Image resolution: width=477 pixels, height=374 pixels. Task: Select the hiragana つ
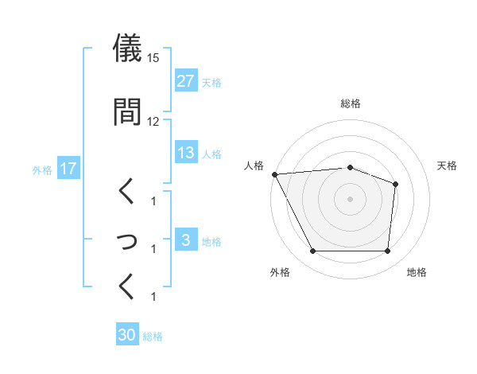coord(127,238)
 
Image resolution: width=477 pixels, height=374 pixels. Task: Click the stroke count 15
coord(153,58)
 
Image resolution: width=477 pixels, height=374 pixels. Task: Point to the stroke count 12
coord(153,121)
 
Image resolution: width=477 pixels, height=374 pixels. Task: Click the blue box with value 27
coord(186,82)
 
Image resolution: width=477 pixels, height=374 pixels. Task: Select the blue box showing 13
coord(186,153)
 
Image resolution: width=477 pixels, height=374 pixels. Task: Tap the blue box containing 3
coord(186,240)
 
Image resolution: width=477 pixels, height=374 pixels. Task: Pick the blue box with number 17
coord(68,169)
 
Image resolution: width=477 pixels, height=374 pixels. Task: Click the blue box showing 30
coord(127,335)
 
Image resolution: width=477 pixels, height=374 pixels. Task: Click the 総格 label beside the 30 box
coord(153,337)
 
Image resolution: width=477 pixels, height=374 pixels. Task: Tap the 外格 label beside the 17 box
coord(42,169)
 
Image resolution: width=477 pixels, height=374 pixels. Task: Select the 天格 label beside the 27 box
coord(211,83)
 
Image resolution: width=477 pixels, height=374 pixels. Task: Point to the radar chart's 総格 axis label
coord(350,103)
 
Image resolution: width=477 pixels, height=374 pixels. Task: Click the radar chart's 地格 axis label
coord(417,272)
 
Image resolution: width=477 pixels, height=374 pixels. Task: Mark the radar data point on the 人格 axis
coord(274,173)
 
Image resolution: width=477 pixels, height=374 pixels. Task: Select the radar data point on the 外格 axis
coord(312,251)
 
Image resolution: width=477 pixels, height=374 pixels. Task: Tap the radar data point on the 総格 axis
coord(350,167)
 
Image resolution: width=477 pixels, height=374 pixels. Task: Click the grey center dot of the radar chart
coord(350,198)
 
